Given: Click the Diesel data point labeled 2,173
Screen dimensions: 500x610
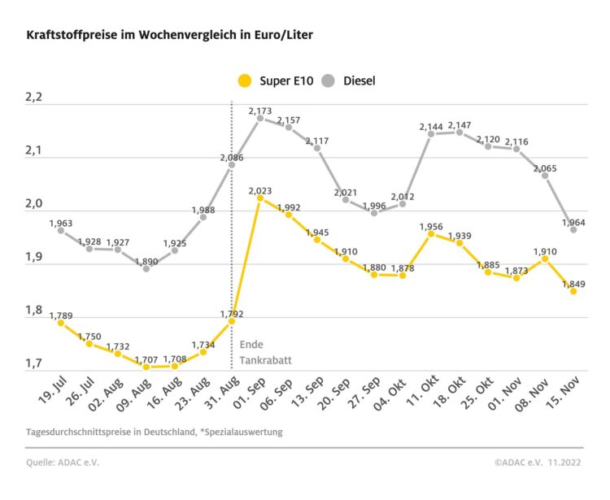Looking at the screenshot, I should [x=259, y=118].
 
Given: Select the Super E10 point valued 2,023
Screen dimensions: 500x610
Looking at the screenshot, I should [x=259, y=198].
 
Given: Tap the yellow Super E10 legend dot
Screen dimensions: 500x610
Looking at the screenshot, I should [x=244, y=80].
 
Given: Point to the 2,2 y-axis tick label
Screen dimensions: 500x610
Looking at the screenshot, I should [x=34, y=98].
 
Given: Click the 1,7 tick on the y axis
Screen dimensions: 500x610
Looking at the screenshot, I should [x=34, y=363].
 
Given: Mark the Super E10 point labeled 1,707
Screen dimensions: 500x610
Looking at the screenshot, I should [x=146, y=367].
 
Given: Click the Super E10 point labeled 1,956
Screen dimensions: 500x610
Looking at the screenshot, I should [x=431, y=234].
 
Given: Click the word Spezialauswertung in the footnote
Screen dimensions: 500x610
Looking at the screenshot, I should [x=243, y=432].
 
